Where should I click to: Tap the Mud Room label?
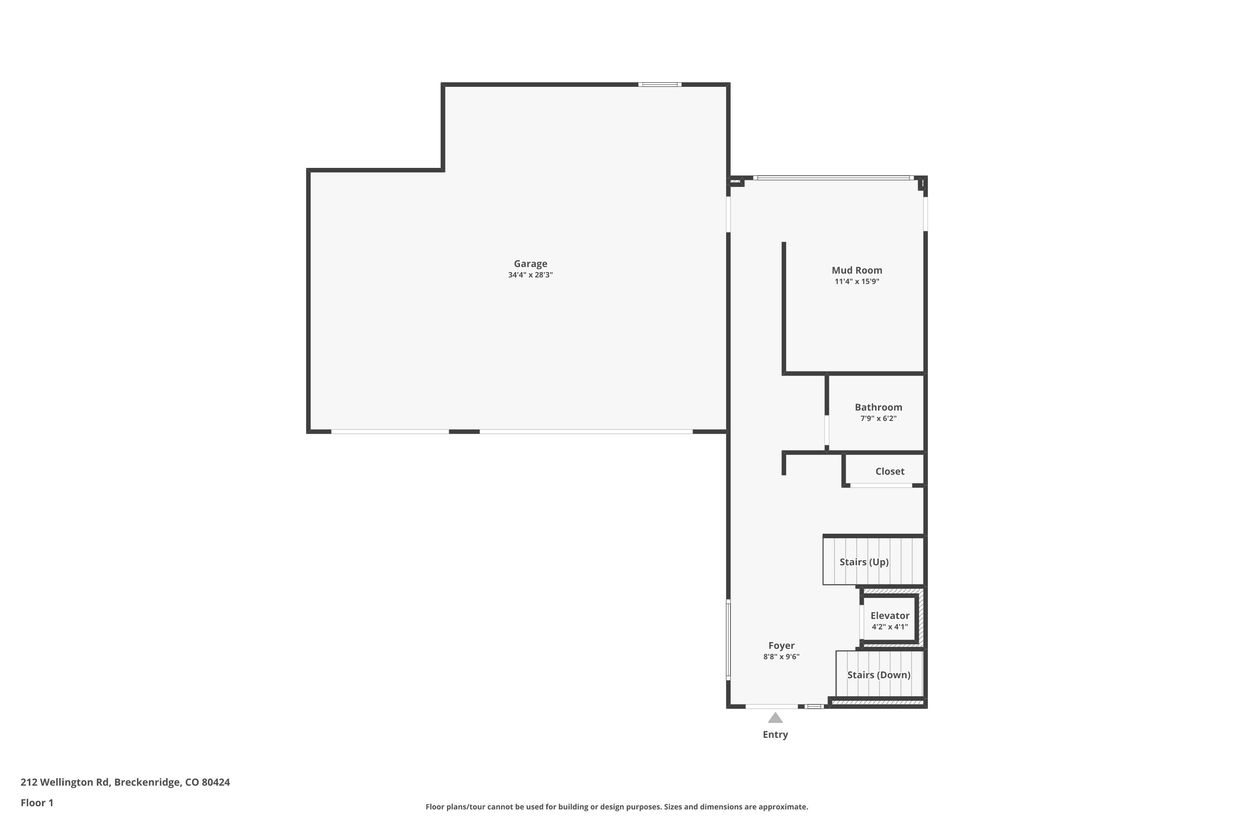point(857,270)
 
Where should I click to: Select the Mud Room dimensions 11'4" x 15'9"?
point(857,281)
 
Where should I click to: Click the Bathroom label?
point(878,407)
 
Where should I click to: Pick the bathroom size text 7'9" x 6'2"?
point(878,418)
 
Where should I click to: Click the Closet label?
point(890,471)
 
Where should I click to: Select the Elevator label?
point(890,616)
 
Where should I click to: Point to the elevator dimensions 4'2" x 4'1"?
point(890,627)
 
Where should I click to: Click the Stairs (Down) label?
point(879,675)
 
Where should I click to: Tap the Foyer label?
point(781,646)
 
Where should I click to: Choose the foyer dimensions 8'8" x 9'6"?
point(781,657)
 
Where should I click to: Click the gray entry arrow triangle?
point(775,718)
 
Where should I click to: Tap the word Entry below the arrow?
point(775,735)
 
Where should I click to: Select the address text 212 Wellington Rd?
point(64,782)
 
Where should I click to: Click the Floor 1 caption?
point(37,802)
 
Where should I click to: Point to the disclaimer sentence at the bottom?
point(617,807)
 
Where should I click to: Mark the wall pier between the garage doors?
point(464,431)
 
